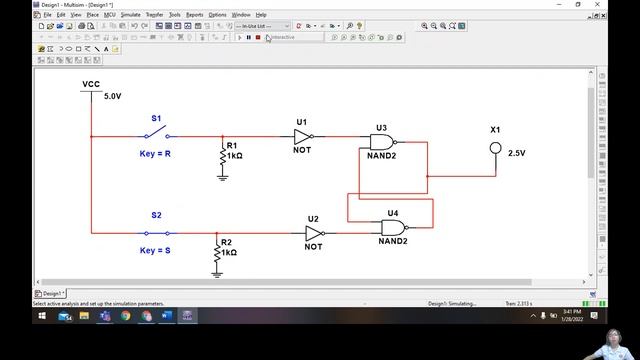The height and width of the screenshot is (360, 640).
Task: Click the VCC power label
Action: tap(90, 85)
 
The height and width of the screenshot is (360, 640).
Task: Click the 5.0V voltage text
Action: tap(112, 97)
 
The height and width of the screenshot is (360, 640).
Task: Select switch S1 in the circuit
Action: tap(157, 135)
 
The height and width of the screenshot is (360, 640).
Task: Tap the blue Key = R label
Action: tap(155, 154)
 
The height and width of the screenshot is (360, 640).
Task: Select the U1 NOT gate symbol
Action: tap(303, 136)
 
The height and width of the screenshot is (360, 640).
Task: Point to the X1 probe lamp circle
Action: tap(494, 148)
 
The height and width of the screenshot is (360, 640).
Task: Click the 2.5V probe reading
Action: tap(517, 153)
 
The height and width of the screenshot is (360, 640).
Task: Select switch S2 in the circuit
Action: tap(157, 232)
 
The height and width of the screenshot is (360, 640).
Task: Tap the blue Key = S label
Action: tap(155, 250)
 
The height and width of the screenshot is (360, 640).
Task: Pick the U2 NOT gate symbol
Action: tap(313, 232)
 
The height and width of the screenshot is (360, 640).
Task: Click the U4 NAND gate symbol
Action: tap(393, 227)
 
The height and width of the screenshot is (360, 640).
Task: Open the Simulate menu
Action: tap(130, 15)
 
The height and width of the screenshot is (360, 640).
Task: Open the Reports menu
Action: tap(194, 15)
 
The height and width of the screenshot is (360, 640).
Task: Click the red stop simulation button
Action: tap(258, 37)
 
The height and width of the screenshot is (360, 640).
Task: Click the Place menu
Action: tap(92, 15)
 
